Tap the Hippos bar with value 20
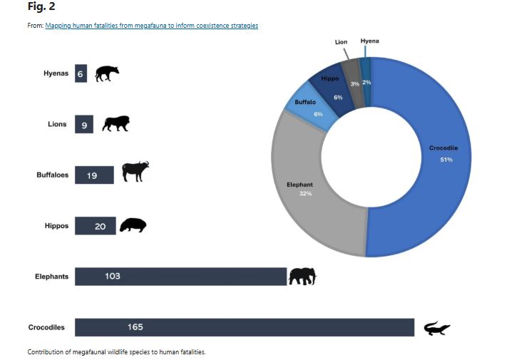pos(95,226)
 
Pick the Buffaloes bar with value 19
pos(94,175)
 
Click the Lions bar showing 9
pos(84,125)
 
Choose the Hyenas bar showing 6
pos(81,74)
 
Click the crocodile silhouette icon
pos(436,328)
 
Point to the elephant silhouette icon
pos(302,276)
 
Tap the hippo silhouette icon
pos(133,225)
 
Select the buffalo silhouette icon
pos(135,172)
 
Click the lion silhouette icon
pos(115,124)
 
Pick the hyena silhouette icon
pos(107,73)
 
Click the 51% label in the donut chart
pos(446,160)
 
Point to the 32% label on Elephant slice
pos(306,194)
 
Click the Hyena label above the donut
pos(370,41)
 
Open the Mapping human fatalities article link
pos(151,26)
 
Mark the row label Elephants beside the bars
pos(52,277)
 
